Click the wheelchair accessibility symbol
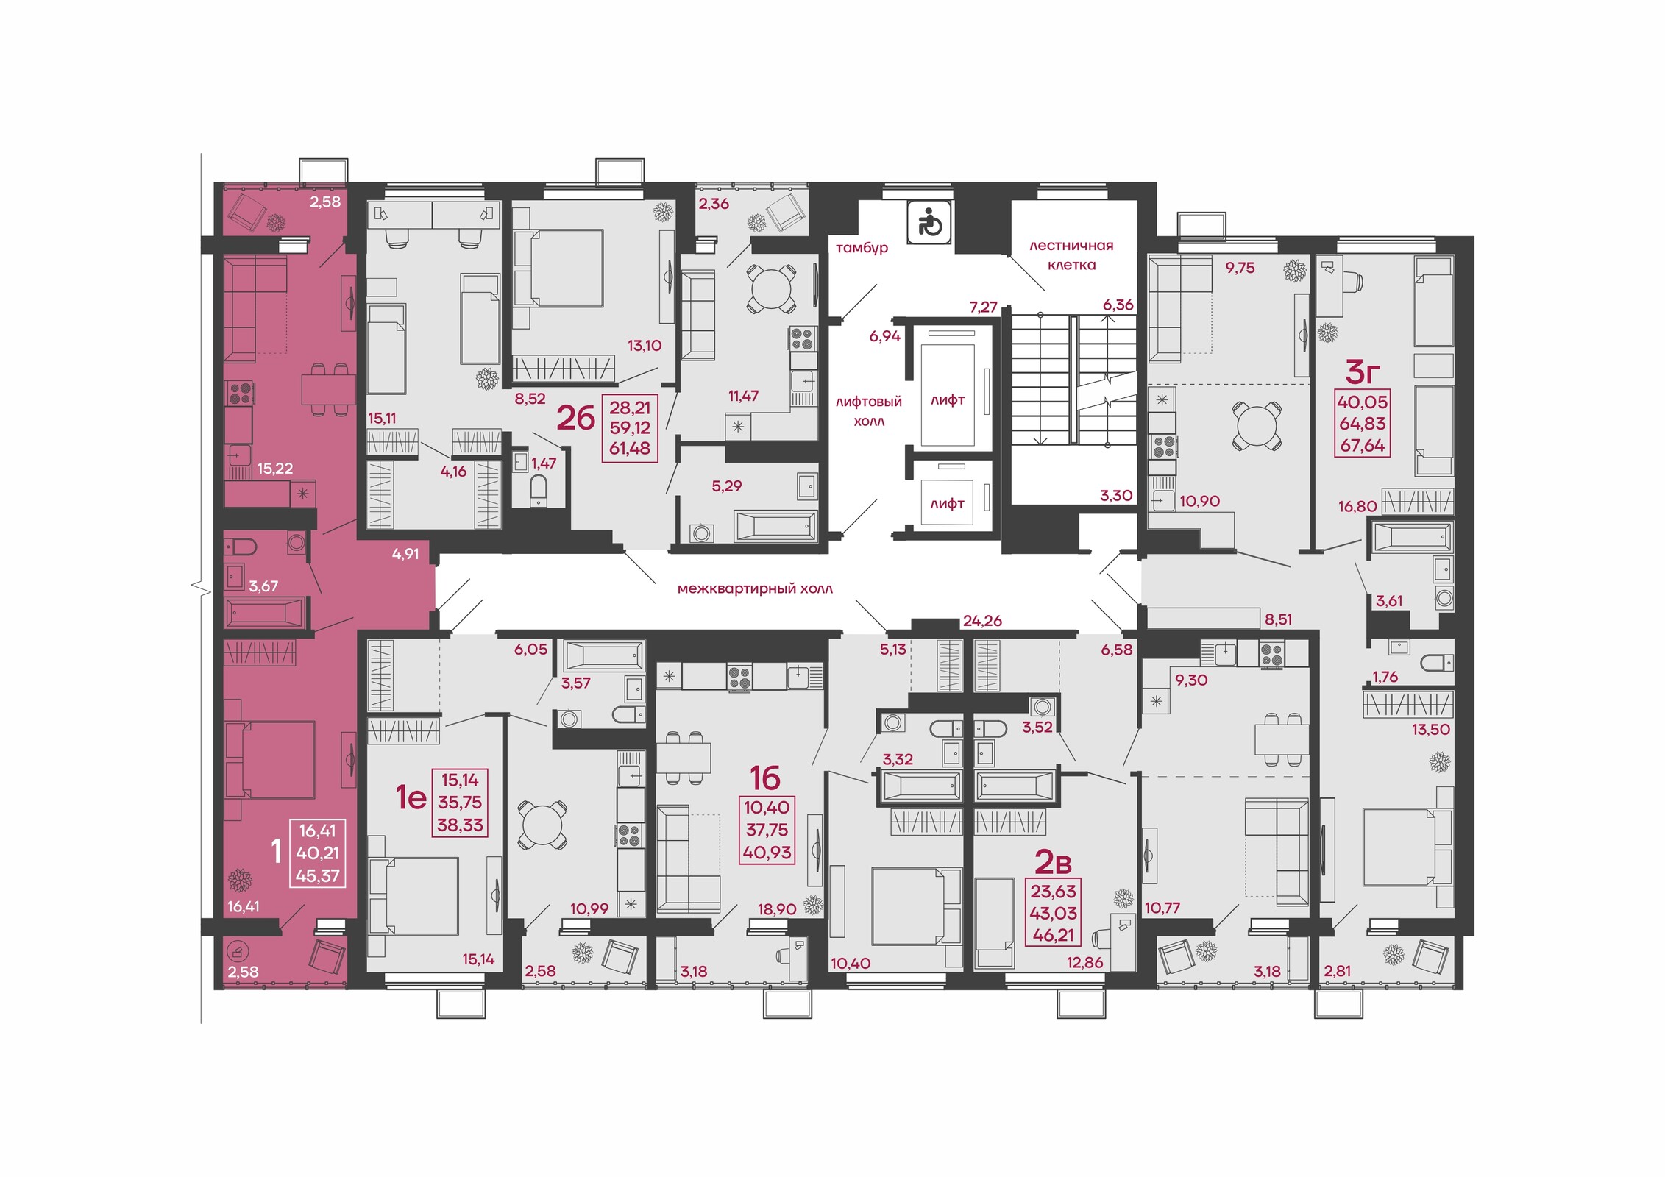pyautogui.click(x=930, y=222)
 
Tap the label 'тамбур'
pyautogui.click(x=862, y=249)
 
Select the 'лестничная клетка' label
pyautogui.click(x=1071, y=255)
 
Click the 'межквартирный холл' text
pyautogui.click(x=755, y=588)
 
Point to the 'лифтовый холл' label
pyautogui.click(x=869, y=411)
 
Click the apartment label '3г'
pyautogui.click(x=1362, y=372)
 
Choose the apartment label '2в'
pyautogui.click(x=1053, y=861)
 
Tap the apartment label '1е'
pyautogui.click(x=411, y=797)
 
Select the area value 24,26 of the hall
pyautogui.click(x=982, y=621)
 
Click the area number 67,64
pyautogui.click(x=1363, y=446)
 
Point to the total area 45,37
pyautogui.click(x=317, y=876)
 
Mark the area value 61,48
pyautogui.click(x=630, y=449)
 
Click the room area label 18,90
pyautogui.click(x=777, y=909)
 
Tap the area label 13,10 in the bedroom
pyautogui.click(x=645, y=346)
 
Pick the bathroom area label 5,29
pyautogui.click(x=727, y=486)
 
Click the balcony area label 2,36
pyautogui.click(x=714, y=204)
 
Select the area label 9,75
pyautogui.click(x=1240, y=268)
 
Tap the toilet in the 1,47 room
pyautogui.click(x=539, y=490)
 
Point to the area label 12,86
pyautogui.click(x=1084, y=962)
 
